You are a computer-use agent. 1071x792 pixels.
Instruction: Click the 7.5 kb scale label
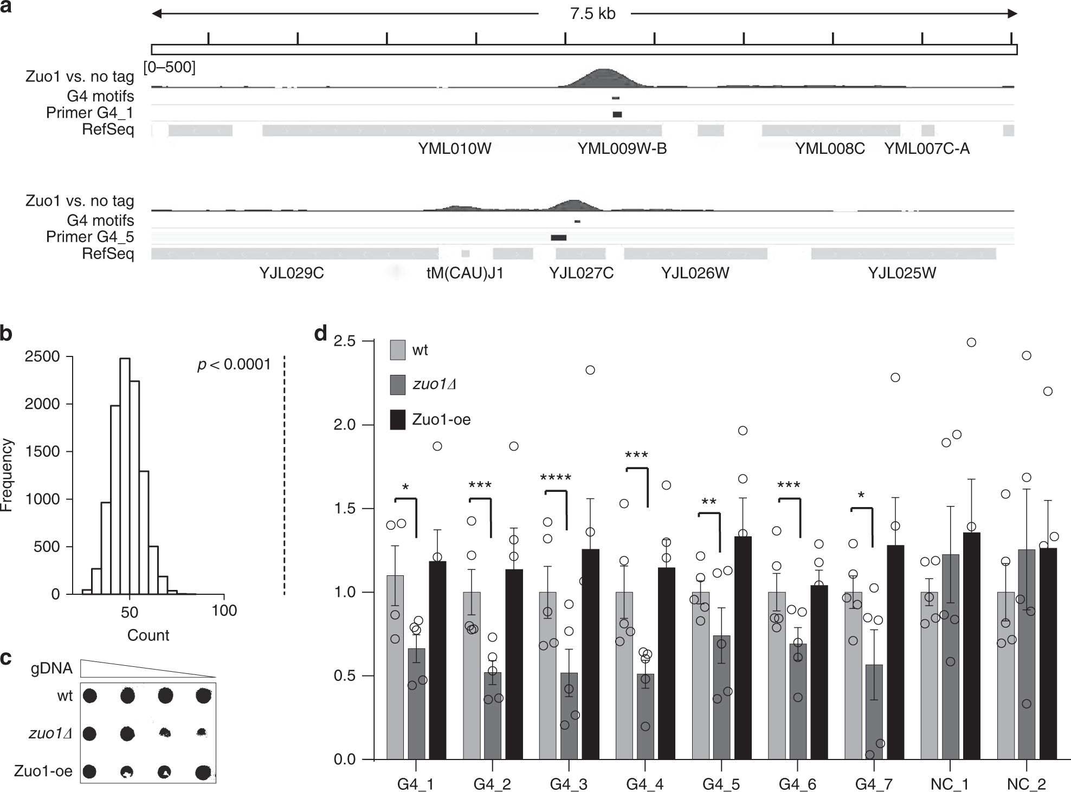pyautogui.click(x=592, y=14)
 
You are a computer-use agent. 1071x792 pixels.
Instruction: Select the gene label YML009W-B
pyautogui.click(x=622, y=148)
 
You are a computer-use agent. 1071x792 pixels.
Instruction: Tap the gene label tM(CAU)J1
pyautogui.click(x=465, y=273)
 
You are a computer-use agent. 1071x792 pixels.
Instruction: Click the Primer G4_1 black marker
pyautogui.click(x=617, y=114)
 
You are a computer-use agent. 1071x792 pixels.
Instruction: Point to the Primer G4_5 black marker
pyautogui.click(x=558, y=237)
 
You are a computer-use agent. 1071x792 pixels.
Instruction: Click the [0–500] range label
pyautogui.click(x=169, y=67)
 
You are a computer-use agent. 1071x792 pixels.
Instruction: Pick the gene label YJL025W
pyautogui.click(x=902, y=273)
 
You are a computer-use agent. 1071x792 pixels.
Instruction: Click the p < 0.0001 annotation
pyautogui.click(x=234, y=365)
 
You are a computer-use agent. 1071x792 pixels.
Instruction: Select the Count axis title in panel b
pyautogui.click(x=148, y=635)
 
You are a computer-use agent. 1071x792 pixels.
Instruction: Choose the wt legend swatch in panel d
pyautogui.click(x=398, y=350)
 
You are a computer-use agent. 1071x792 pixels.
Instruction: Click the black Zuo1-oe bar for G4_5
pyautogui.click(x=743, y=650)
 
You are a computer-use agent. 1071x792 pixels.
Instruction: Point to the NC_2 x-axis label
pyautogui.click(x=1027, y=784)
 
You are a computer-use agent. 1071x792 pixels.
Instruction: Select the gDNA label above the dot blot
pyautogui.click(x=51, y=668)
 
